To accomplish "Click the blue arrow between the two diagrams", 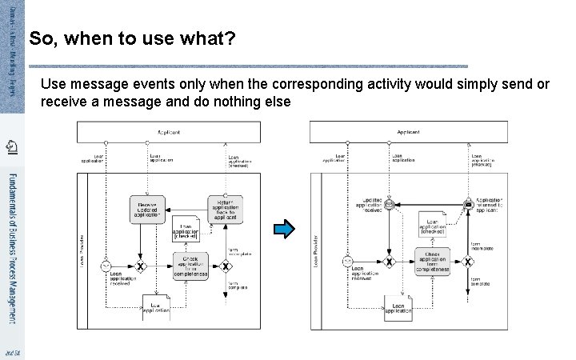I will tap(284, 231).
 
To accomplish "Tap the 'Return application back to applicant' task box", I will tap(224, 209).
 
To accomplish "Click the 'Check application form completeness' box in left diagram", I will tap(190, 266).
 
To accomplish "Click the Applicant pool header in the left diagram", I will tap(169, 131).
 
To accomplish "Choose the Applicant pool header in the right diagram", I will tap(408, 131).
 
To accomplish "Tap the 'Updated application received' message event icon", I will tap(390, 205).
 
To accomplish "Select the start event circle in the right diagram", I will tap(347, 262).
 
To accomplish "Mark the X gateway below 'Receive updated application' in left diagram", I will tap(142, 266).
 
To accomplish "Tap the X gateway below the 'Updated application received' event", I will tap(390, 262).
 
